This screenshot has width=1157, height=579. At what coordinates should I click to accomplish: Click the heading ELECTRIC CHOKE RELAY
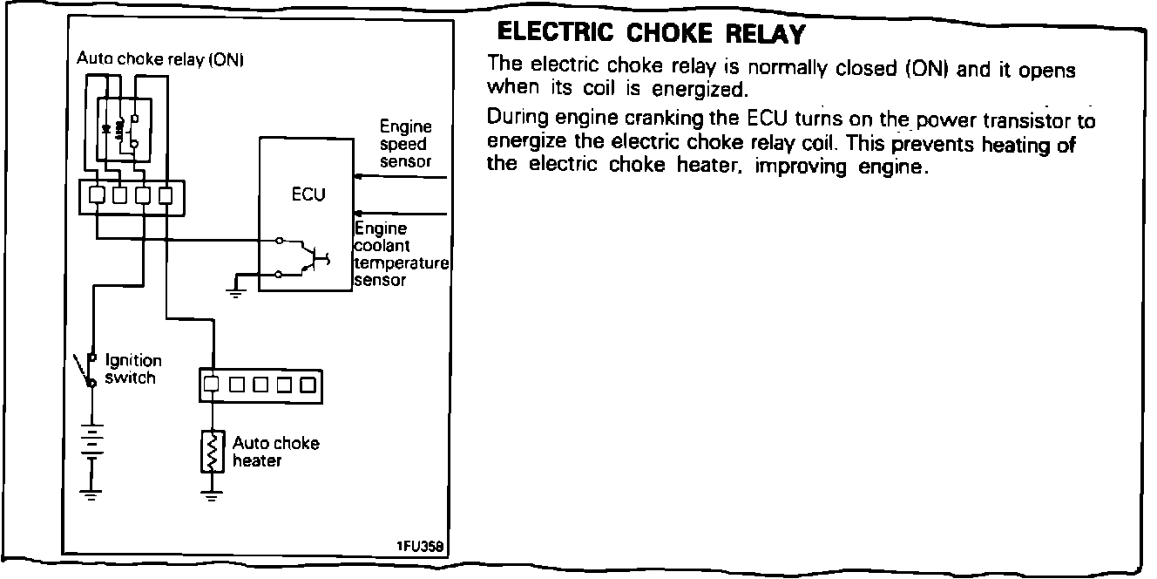[x=650, y=35]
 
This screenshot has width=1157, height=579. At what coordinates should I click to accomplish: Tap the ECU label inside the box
[x=308, y=195]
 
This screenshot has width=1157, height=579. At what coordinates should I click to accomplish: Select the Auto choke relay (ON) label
[x=161, y=59]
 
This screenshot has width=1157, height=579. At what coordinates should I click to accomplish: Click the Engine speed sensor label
[x=405, y=145]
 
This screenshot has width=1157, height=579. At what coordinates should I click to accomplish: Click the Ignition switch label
[x=132, y=369]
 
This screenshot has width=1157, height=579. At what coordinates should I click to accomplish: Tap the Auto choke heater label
[x=275, y=452]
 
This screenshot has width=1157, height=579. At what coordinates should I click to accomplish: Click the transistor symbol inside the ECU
[x=309, y=257]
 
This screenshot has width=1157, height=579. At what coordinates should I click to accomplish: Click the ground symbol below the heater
[x=209, y=497]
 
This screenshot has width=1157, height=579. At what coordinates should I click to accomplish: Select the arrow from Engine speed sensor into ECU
[x=401, y=177]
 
